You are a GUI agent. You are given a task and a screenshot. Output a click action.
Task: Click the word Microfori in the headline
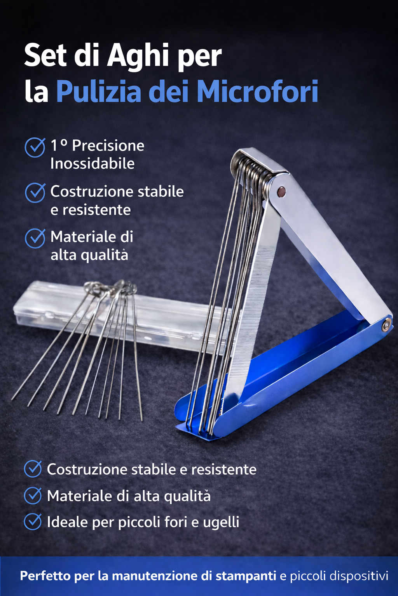pos(257,92)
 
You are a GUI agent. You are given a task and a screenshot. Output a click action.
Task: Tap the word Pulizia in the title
pos(99,92)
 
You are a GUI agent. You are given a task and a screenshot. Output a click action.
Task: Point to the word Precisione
pos(108,146)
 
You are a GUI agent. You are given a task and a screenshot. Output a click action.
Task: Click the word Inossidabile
pos(93,164)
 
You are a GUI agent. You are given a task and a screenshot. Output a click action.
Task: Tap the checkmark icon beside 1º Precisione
pos(35,147)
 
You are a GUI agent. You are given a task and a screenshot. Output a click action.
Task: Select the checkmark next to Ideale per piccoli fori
pos(33,522)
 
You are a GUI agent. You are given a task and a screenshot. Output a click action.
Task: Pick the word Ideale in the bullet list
pos(67,522)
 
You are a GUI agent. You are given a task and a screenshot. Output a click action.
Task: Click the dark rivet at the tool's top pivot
pos(281,191)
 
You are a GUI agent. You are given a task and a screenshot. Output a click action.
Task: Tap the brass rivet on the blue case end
pos(386,326)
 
